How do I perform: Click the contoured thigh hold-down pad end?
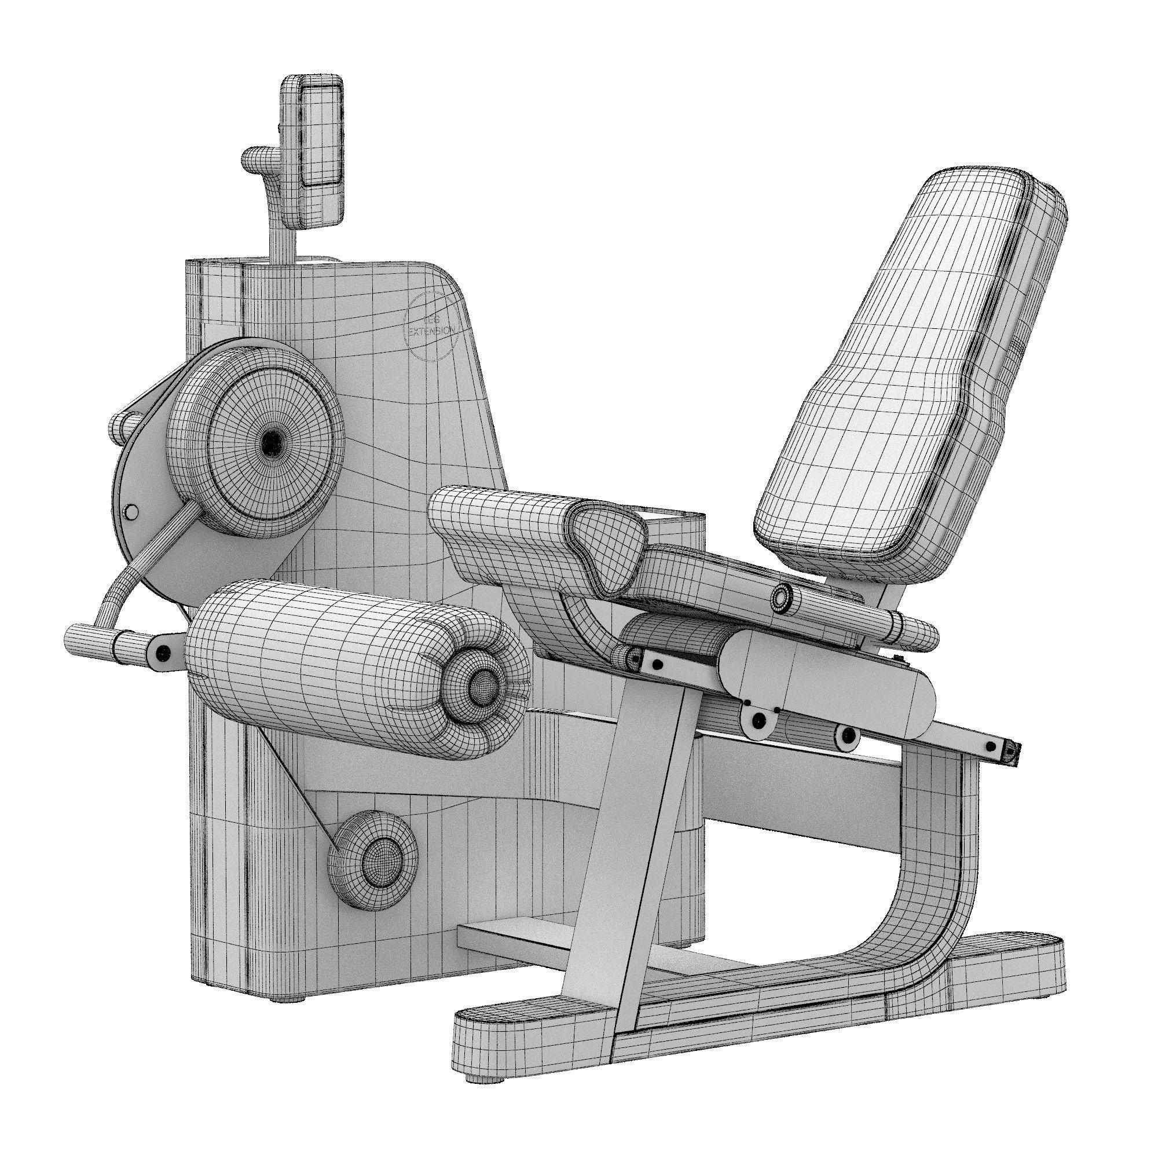606,543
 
